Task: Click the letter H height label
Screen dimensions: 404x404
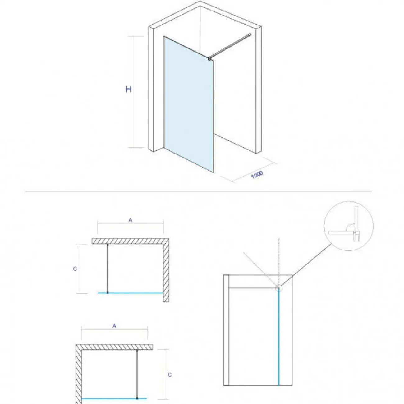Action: [x=129, y=90]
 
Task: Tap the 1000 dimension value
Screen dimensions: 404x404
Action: [x=257, y=175]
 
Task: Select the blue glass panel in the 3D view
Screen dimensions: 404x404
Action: [x=189, y=104]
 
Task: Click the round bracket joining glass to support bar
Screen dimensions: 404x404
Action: [x=209, y=59]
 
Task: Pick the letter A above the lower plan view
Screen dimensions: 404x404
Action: [x=114, y=326]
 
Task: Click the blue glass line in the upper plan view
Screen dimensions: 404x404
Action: [x=131, y=292]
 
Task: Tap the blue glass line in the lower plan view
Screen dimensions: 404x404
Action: [x=114, y=393]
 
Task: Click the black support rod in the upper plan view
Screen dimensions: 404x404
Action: [x=108, y=268]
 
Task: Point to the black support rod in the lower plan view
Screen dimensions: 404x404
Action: [x=137, y=368]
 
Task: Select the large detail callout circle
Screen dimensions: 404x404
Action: [x=349, y=226]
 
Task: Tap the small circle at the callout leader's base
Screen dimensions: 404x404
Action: [x=279, y=288]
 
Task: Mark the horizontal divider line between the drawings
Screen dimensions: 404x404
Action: [x=198, y=192]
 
